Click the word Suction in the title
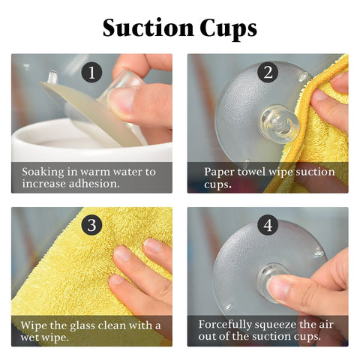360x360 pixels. pos(148,28)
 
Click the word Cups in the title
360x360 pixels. pos(228,29)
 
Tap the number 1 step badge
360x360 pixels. pos(91,73)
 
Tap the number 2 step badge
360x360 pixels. pos(268,72)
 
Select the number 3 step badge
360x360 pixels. pos(91,225)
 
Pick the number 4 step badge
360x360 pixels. pos(268,225)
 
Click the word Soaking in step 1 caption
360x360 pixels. pos(43,172)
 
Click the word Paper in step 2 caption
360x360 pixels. pos(219,172)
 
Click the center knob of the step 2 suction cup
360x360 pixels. pos(280,124)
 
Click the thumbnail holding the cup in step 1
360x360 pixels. pos(121,99)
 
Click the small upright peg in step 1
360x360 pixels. pos(52,77)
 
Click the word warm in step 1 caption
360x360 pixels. pos(95,172)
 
